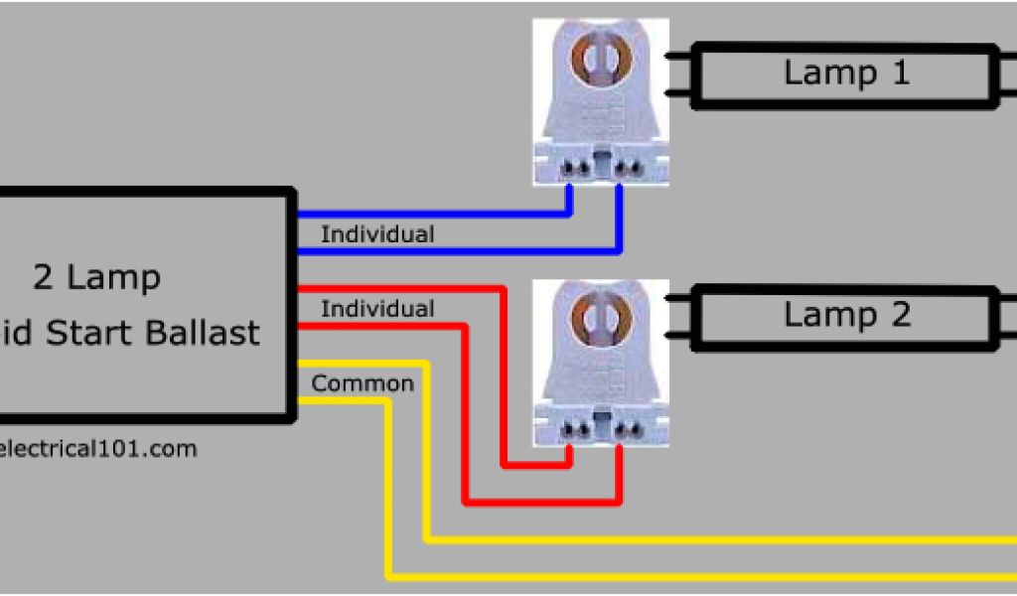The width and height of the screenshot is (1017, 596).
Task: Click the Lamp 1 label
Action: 846,73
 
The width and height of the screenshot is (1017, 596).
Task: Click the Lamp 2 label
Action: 846,315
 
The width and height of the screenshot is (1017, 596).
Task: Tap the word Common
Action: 363,383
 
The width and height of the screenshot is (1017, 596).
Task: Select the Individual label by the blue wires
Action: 377,235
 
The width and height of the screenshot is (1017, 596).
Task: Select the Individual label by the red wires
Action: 377,309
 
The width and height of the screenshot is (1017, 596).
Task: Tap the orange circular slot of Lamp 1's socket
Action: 599,60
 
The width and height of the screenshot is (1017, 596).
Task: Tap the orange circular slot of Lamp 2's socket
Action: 599,318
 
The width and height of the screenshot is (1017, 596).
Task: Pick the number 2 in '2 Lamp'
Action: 43,278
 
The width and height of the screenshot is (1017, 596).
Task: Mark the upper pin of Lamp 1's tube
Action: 678,56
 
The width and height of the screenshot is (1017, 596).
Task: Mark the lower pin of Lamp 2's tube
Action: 678,335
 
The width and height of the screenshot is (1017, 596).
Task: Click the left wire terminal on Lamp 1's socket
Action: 571,169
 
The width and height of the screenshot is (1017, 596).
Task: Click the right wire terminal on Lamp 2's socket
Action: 623,429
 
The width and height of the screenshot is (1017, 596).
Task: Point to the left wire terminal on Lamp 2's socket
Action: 571,429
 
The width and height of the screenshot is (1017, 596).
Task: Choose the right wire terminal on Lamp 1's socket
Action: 623,169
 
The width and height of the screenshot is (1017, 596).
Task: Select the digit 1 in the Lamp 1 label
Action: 899,73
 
